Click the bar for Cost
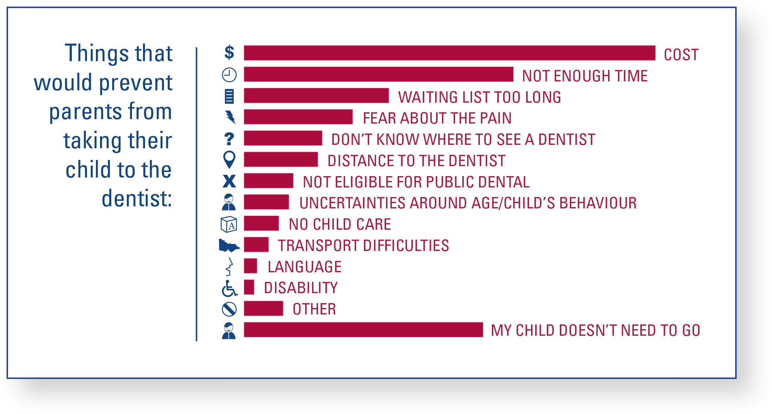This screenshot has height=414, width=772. (449, 53)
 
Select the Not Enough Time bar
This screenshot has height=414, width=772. (378, 74)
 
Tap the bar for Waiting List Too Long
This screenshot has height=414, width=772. (316, 95)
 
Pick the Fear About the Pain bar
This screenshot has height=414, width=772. (298, 117)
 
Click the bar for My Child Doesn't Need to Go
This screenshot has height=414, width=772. (363, 330)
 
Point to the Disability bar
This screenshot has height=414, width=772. (249, 287)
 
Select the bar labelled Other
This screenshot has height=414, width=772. (263, 308)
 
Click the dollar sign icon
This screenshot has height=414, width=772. (229, 53)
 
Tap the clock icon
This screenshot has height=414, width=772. (229, 74)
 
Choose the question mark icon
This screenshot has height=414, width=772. (229, 139)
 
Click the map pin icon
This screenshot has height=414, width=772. (229, 160)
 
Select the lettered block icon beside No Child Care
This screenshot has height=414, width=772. (229, 224)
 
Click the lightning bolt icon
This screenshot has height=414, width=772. (230, 117)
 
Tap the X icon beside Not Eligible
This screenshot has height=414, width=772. (229, 181)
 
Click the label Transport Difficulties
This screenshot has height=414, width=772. (363, 245)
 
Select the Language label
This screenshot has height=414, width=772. (305, 267)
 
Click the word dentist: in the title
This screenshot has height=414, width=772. (137, 198)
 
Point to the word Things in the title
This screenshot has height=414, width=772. (96, 53)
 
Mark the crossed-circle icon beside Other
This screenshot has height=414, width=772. (229, 309)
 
